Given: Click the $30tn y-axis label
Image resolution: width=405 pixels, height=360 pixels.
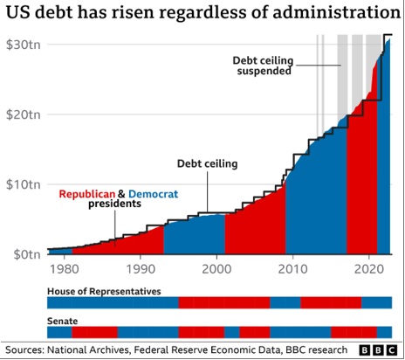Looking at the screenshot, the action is pos(24,45).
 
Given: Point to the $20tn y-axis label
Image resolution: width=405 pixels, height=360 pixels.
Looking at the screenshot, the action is pos(24,114).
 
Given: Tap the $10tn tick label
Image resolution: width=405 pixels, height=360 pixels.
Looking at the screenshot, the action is pos(24,184).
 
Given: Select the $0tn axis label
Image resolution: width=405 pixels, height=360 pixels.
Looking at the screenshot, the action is pos(27,254).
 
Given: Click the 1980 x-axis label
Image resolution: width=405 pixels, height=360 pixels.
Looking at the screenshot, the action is pos(65,269).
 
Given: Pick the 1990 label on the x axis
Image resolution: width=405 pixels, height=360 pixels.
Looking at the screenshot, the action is pos(141,269).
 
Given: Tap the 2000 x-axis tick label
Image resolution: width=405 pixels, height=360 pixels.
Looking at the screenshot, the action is pos(216,269).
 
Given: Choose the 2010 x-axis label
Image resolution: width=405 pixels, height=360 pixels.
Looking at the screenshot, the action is pos(293,269).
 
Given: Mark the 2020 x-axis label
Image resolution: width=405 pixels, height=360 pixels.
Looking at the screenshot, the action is pos(369,269).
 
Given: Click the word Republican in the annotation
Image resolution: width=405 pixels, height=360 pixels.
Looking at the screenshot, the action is pos(87,194).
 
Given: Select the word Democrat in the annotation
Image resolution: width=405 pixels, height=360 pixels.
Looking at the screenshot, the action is pos(154,194).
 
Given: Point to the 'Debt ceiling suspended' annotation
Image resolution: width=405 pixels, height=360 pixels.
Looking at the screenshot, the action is pos(264,66).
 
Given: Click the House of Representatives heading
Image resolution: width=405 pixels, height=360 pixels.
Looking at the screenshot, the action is pos(104,291).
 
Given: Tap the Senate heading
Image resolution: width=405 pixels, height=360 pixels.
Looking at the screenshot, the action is pos(63,321).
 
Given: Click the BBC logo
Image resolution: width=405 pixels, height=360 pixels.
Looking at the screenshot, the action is pos(378,350).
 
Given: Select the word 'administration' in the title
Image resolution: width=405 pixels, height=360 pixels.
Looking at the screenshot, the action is pos(335,12).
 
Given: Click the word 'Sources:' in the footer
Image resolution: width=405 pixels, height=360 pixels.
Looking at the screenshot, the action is pos(24,350).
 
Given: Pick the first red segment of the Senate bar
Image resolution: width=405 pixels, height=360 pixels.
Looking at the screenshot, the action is pos(95,332).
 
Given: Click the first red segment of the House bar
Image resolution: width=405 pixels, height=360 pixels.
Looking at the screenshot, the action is pos(224,302).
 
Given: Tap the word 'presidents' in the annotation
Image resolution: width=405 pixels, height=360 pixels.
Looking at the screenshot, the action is pos(114,204).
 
